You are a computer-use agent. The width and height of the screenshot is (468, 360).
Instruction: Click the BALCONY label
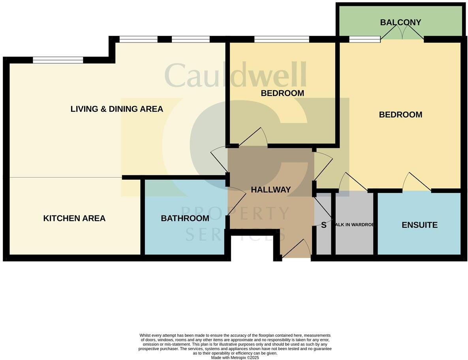click(x=400, y=22)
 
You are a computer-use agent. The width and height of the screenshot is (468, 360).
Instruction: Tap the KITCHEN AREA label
click(x=74, y=218)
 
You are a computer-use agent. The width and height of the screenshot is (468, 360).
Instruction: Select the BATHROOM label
click(x=185, y=218)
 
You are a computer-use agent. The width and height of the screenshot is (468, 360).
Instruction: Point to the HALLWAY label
click(x=271, y=189)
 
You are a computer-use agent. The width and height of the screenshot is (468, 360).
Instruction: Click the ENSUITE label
click(x=419, y=225)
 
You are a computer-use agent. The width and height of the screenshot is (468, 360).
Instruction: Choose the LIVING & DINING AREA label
click(x=117, y=109)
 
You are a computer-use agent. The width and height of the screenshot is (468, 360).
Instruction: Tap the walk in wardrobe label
click(x=354, y=225)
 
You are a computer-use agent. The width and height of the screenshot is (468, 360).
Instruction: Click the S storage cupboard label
click(x=324, y=225)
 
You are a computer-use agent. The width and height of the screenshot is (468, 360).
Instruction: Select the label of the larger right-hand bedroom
click(x=400, y=114)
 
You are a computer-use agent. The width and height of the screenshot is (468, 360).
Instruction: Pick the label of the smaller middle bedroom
click(x=282, y=93)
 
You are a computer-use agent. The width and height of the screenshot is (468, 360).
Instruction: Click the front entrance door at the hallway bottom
click(x=296, y=249)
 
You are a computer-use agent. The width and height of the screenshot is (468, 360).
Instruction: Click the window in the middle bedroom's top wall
click(x=282, y=39)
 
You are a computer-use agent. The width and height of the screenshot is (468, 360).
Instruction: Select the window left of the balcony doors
click(x=365, y=39)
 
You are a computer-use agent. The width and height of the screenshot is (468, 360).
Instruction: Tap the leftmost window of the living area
click(x=58, y=60)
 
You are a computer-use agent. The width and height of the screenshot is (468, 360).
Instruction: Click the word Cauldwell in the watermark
click(x=235, y=75)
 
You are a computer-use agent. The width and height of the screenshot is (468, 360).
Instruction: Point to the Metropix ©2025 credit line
click(x=235, y=358)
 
